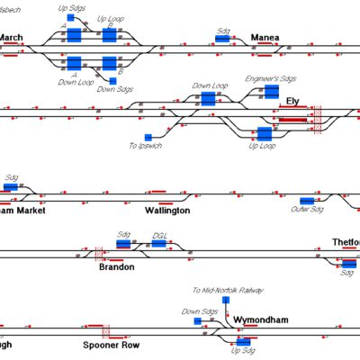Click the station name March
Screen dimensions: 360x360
tap(12, 38)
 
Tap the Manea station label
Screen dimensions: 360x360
tap(265, 38)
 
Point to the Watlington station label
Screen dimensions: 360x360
tap(167, 210)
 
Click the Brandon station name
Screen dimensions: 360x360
tap(116, 267)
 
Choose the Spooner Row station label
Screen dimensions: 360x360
tap(111, 345)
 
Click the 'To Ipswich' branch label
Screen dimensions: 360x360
tap(145, 146)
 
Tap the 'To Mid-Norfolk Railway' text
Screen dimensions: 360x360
tap(228, 291)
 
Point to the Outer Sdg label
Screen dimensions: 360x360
tap(306, 210)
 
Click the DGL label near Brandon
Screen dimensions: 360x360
tap(159, 234)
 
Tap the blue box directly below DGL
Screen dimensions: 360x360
tap(159, 244)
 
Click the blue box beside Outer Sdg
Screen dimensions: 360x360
tap(307, 200)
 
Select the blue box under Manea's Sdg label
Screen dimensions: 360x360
tap(222, 39)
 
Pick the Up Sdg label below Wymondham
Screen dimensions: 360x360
tap(243, 351)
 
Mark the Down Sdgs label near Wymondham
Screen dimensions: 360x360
tap(199, 311)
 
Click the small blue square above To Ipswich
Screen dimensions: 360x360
tap(148, 137)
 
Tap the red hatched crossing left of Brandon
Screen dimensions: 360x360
tap(98, 252)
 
